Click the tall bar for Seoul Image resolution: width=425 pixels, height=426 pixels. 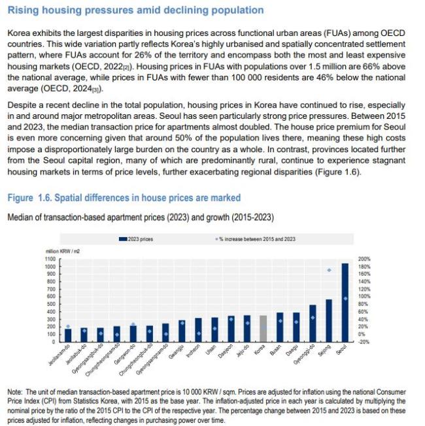coord(345,303)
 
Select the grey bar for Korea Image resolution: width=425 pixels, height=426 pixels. coord(263,329)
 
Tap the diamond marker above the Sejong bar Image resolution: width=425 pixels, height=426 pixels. coord(329,270)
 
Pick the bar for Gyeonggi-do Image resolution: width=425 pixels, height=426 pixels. coord(313,323)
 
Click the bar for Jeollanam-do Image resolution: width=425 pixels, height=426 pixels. coord(68,335)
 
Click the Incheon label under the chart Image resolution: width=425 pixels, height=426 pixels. coord(193,351)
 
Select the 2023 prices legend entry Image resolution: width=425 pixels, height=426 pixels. coord(136,239)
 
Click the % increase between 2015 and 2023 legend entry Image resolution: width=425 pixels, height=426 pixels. coord(255,239)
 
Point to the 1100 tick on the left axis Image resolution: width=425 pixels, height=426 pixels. coord(50,259)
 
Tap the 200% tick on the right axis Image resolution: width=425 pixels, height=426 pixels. coord(364,259)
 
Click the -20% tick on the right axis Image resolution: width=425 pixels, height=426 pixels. coord(364,342)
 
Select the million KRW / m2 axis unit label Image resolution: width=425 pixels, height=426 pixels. coord(63,252)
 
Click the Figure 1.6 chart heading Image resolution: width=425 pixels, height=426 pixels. coord(124,197)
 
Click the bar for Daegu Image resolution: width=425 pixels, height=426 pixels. coord(296,327)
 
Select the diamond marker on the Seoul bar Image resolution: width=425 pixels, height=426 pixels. coord(345,299)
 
